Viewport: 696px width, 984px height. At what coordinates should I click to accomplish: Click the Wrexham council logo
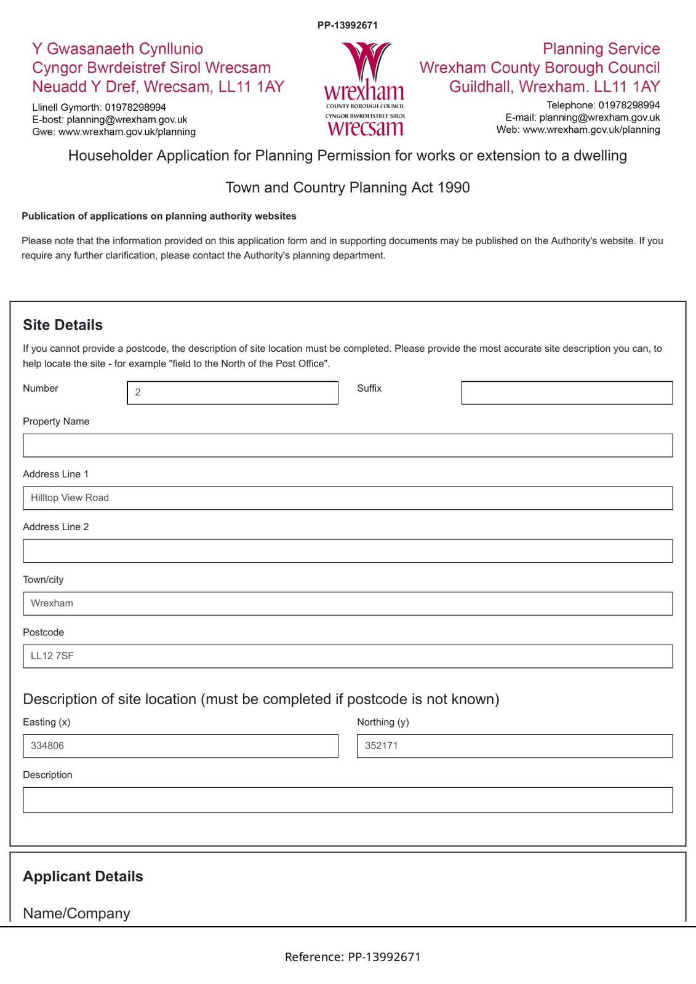364,89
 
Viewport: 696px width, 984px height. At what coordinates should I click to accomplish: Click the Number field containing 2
233,393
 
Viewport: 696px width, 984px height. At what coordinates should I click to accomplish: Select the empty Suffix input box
567,393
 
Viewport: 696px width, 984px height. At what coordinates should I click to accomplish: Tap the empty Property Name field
348,445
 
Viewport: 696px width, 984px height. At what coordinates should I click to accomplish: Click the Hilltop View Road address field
348,498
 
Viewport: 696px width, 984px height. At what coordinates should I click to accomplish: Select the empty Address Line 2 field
348,551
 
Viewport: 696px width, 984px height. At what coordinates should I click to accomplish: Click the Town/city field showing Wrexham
348,603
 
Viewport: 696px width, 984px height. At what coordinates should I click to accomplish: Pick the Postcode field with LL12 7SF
348,656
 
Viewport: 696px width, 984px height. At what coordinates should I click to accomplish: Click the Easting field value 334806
180,746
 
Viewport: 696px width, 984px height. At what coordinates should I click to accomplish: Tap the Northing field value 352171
514,746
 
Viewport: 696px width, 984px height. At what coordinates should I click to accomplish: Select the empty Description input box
348,800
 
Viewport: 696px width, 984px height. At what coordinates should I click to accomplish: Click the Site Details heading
63,325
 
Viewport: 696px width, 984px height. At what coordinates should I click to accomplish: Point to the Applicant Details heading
83,876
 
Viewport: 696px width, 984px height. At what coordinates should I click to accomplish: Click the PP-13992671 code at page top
348,25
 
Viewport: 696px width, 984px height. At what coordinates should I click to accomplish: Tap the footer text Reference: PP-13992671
353,957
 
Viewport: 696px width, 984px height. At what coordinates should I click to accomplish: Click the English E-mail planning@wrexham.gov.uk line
582,117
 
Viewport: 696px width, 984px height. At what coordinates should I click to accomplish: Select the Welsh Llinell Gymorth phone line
99,108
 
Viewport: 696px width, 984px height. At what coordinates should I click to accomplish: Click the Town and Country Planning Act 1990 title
348,188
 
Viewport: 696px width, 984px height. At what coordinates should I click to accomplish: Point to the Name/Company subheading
76,913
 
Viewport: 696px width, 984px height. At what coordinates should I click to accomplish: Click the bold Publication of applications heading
159,216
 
